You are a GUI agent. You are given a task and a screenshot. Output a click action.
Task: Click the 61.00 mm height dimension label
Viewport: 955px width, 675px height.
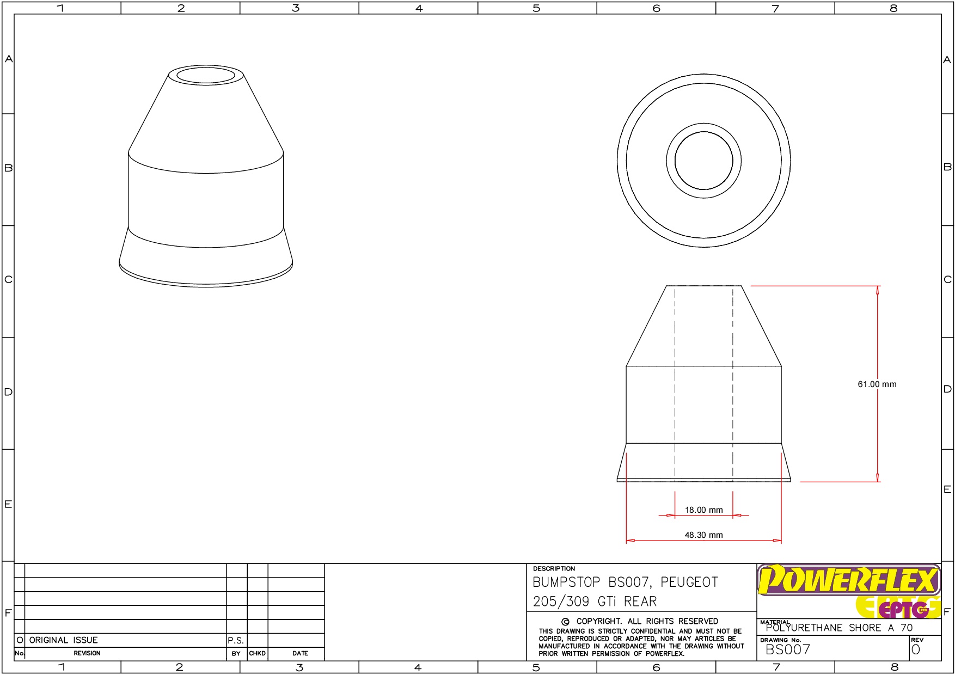pos(877,384)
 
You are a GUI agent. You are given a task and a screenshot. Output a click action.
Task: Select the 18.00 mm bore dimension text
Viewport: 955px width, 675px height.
pos(703,510)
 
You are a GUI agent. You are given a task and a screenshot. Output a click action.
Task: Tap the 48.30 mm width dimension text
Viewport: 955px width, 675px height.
pos(703,535)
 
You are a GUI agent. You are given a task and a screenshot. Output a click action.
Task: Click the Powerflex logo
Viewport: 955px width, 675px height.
pos(848,580)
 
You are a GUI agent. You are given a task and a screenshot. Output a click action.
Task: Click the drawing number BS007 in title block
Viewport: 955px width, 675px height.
pos(787,649)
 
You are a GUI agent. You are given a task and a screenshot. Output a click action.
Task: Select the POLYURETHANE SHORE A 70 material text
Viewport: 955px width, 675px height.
pos(838,628)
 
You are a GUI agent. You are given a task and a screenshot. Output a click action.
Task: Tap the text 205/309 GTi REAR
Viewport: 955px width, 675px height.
pos(595,602)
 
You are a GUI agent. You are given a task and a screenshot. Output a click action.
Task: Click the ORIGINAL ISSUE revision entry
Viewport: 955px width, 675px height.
pos(63,640)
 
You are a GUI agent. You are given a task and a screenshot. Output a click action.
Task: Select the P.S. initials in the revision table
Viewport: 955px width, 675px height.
pos(236,641)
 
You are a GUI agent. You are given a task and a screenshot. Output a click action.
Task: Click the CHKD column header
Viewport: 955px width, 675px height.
pos(257,653)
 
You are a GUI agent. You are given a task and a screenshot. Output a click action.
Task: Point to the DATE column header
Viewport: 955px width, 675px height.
pos(300,653)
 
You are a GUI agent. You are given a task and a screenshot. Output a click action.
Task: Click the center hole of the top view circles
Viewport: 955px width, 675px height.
pos(703,161)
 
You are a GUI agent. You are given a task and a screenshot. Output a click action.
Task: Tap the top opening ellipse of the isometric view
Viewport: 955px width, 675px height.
pos(206,75)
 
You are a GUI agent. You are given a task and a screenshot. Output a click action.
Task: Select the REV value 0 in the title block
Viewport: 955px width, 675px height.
pos(915,649)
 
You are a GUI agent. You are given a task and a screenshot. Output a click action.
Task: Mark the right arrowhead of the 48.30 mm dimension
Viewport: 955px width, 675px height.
pos(778,541)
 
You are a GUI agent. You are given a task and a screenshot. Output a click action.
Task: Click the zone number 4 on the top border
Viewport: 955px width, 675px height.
pos(419,8)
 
